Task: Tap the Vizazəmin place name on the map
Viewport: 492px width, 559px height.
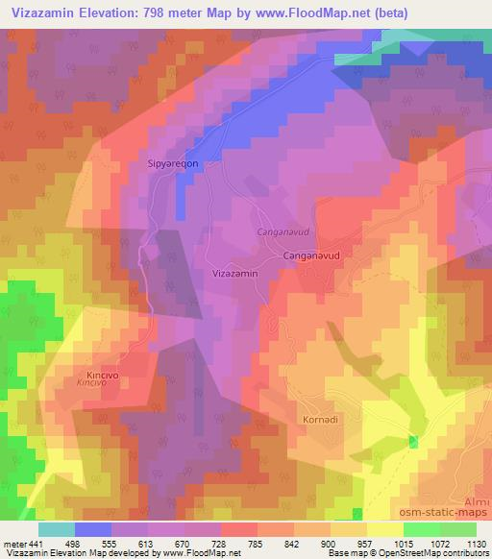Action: tap(234, 273)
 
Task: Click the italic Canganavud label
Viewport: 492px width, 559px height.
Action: tap(281, 232)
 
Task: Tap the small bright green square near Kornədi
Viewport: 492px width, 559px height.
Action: tap(414, 441)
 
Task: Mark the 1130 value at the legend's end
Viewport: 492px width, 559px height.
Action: tap(474, 543)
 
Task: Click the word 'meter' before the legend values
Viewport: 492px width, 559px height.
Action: tap(15, 543)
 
